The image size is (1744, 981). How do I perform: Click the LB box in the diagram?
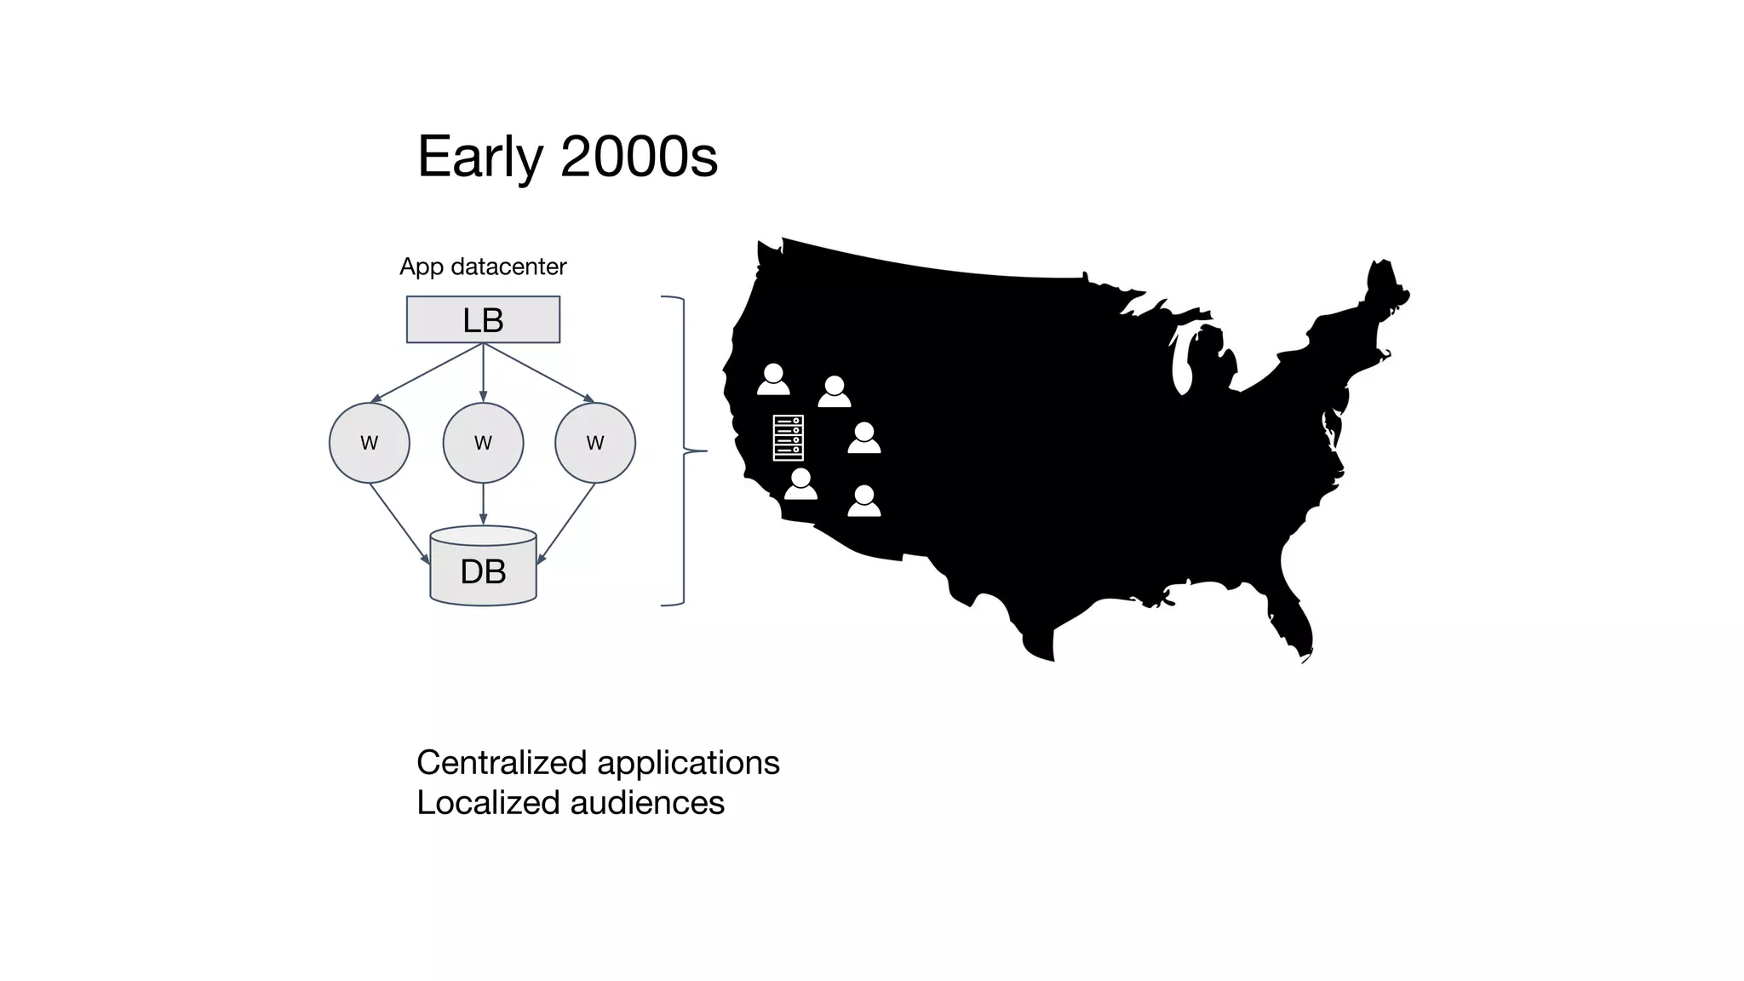(x=483, y=319)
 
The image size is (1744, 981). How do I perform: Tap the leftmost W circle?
(x=369, y=443)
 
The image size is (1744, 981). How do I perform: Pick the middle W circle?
(x=483, y=443)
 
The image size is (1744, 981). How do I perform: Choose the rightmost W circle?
(x=594, y=443)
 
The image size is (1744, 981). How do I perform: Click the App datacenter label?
(x=483, y=267)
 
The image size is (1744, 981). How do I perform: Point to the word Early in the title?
(x=479, y=158)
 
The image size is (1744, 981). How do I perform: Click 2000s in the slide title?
(x=639, y=158)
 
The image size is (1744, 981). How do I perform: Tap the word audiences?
(x=647, y=803)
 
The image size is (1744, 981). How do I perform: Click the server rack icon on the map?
(x=788, y=438)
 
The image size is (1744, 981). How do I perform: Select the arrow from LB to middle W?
(x=483, y=372)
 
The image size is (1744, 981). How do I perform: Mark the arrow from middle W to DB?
(x=483, y=504)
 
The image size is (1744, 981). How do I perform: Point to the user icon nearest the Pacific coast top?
(x=773, y=379)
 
